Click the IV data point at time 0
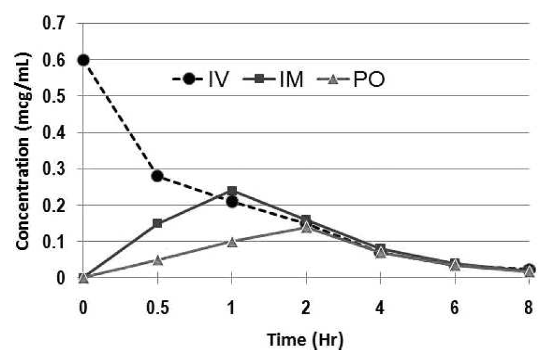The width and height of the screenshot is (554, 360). point(83,60)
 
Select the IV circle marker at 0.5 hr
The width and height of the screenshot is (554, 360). point(157,176)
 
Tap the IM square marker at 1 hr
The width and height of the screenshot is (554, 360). point(232,191)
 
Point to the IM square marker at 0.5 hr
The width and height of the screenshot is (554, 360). point(157,223)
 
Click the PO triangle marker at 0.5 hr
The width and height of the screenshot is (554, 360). point(157,260)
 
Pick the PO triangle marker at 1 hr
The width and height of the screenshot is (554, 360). point(232,241)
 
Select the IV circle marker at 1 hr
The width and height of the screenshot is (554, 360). point(232,202)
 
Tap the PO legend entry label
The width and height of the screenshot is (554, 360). point(369,79)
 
